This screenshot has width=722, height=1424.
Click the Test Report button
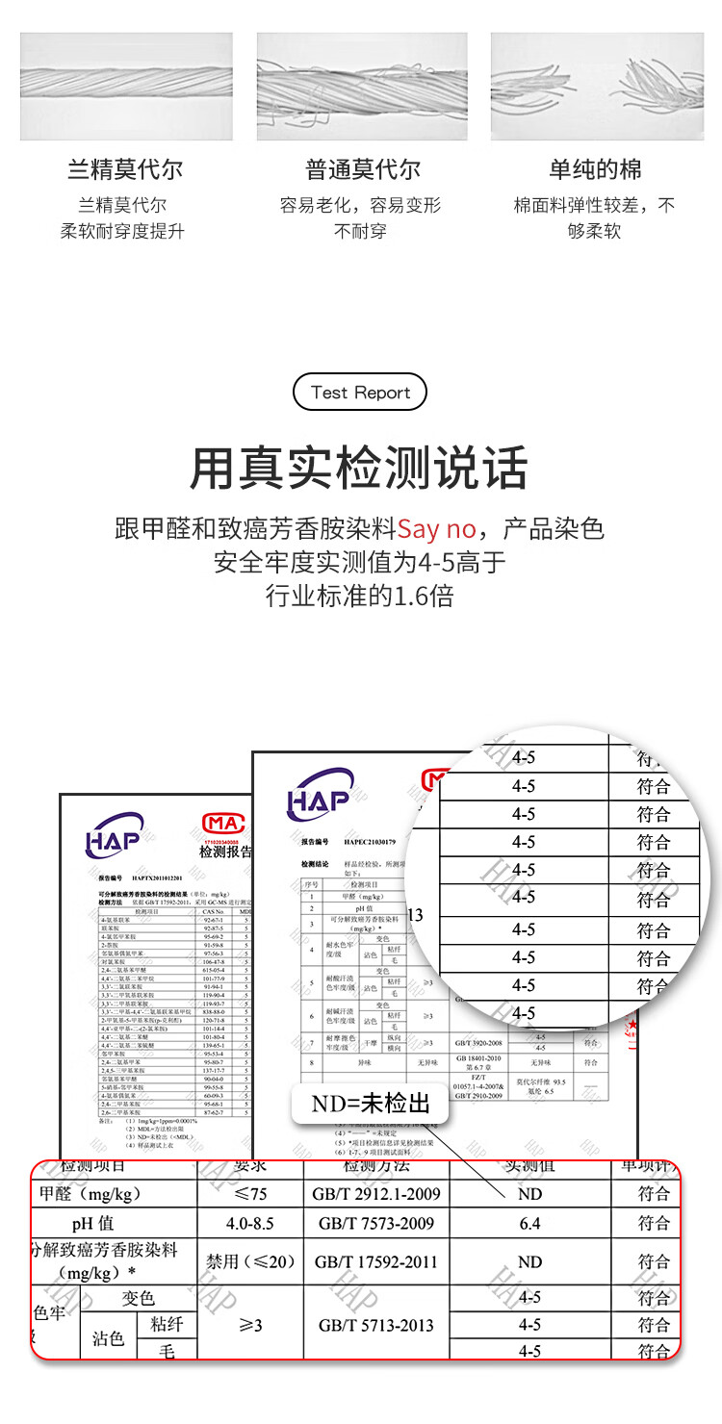click(360, 393)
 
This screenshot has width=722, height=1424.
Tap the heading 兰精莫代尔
click(125, 170)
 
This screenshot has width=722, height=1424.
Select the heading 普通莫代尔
click(363, 170)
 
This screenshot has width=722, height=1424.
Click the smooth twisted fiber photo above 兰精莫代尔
click(126, 87)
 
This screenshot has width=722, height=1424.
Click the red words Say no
click(437, 528)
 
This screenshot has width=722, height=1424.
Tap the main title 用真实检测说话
click(360, 469)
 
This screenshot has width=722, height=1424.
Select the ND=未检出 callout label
click(371, 1103)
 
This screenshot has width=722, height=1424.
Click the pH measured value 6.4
click(529, 1224)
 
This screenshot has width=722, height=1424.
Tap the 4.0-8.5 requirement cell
click(249, 1224)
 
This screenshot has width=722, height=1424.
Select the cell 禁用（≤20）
click(249, 1261)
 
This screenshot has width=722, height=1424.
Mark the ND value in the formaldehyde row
click(529, 1194)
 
